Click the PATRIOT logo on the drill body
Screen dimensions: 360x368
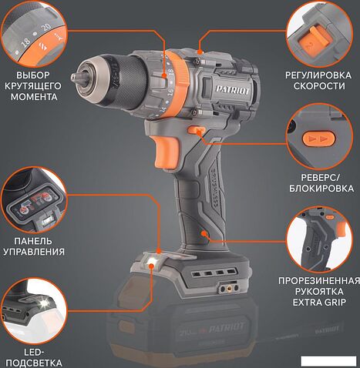(233, 90)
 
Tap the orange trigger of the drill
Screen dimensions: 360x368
(167, 151)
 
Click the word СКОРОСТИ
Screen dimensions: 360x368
(318, 86)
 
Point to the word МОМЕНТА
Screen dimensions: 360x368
(34, 97)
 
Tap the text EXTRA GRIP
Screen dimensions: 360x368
(319, 303)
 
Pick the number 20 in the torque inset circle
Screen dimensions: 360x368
(46, 28)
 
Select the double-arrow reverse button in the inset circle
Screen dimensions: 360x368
(319, 139)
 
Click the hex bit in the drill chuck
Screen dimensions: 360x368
(76, 76)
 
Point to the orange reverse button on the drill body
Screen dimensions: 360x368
(197, 130)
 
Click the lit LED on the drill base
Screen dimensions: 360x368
(151, 262)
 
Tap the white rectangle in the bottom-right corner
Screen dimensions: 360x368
(328, 361)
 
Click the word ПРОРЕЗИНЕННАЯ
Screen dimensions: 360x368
(319, 280)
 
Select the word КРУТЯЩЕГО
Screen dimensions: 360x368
(33, 86)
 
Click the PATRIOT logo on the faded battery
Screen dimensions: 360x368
(227, 327)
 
